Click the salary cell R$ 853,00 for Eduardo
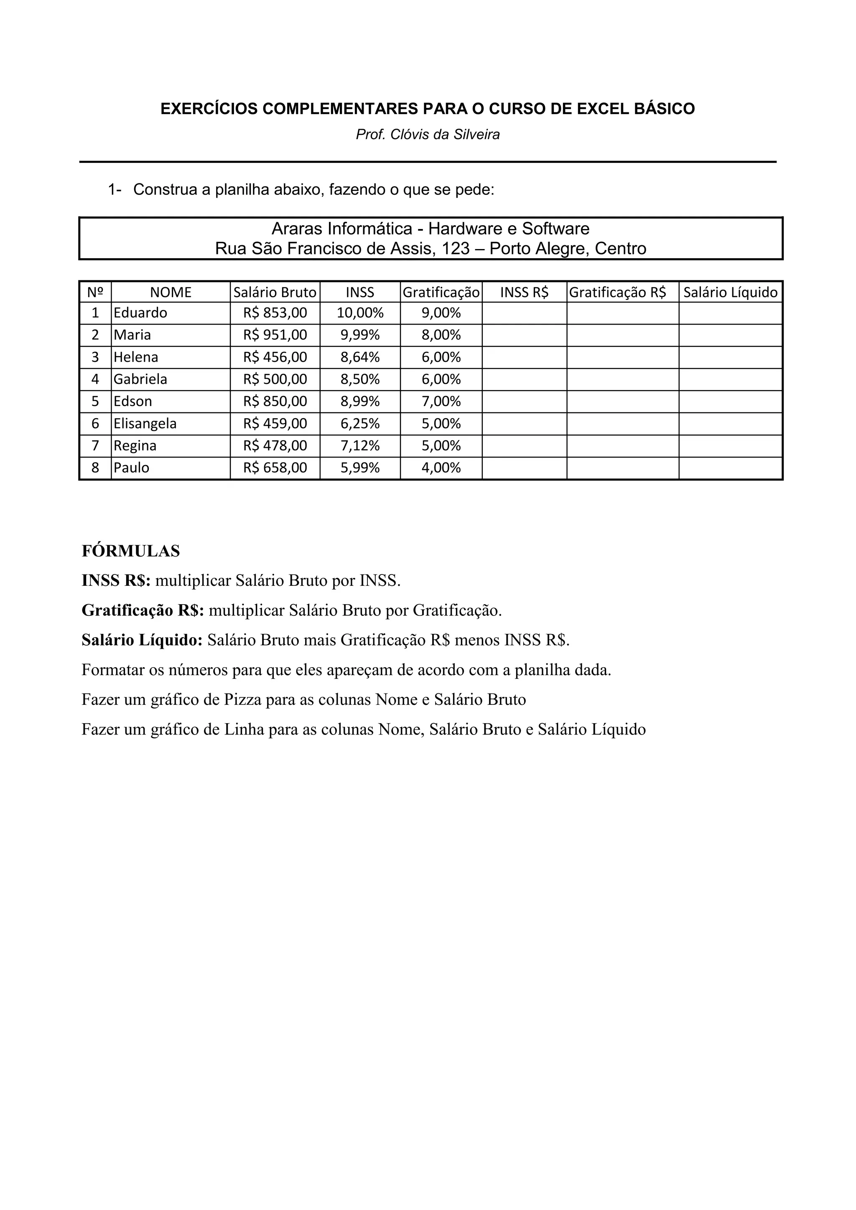pyautogui.click(x=275, y=313)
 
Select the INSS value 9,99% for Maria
pyautogui.click(x=360, y=335)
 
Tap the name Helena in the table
pyautogui.click(x=136, y=357)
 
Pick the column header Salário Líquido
pyautogui.click(x=730, y=292)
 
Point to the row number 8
pyautogui.click(x=95, y=468)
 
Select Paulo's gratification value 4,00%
pyautogui.click(x=441, y=468)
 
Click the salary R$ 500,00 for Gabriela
pyautogui.click(x=275, y=379)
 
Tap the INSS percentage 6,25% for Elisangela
pyautogui.click(x=360, y=424)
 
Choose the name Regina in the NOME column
pyautogui.click(x=135, y=446)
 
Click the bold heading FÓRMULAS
pyautogui.click(x=131, y=551)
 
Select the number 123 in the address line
pyautogui.click(x=456, y=249)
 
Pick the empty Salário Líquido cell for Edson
pyautogui.click(x=730, y=402)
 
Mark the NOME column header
pyautogui.click(x=171, y=292)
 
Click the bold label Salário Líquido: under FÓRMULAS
pyautogui.click(x=142, y=641)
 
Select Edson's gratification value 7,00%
pyautogui.click(x=441, y=402)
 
